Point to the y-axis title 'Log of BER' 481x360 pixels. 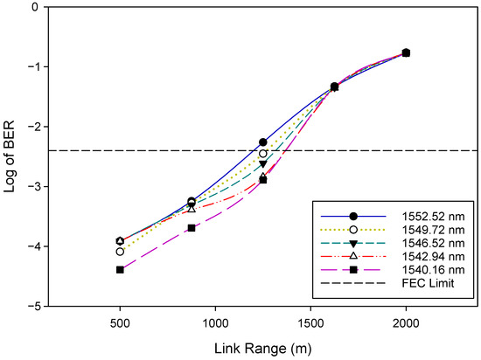click(x=11, y=156)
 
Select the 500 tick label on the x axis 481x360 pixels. click(x=120, y=322)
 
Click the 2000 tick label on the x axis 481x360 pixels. click(x=406, y=322)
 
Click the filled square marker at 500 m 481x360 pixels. click(x=120, y=270)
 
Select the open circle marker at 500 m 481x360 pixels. click(x=120, y=252)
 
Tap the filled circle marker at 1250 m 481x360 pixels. click(x=262, y=142)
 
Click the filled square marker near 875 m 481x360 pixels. click(x=192, y=228)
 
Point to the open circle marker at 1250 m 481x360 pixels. click(x=262, y=154)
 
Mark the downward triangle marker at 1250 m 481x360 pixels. click(x=262, y=164)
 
